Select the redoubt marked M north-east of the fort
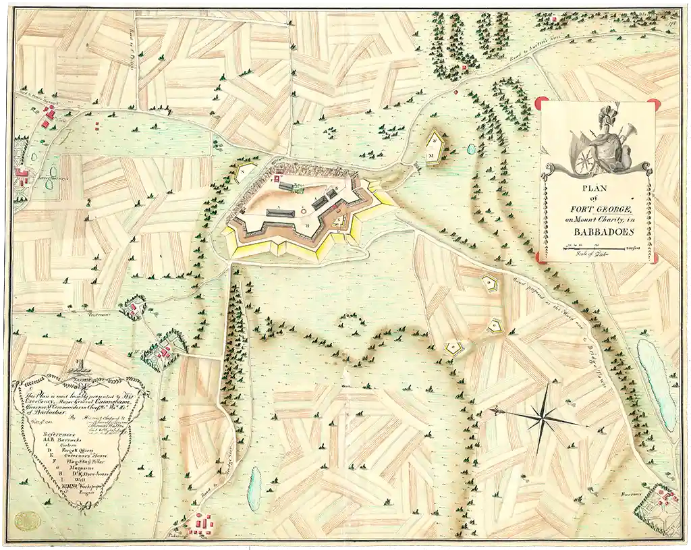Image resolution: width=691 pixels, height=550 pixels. (x=436, y=146)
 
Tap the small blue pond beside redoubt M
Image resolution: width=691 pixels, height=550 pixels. (x=470, y=148)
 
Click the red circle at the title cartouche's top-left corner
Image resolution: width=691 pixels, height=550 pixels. (x=540, y=103)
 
